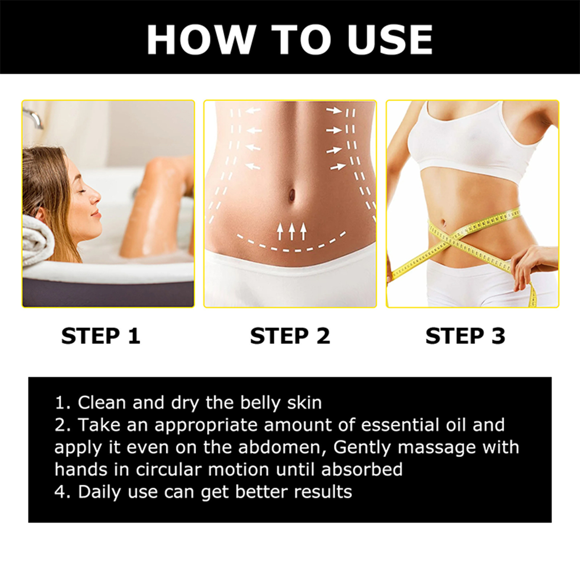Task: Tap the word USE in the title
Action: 390,40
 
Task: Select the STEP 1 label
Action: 101,336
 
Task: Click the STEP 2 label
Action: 290,336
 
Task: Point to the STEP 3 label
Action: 465,336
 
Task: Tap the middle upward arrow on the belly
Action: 291,231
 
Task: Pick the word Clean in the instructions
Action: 102,403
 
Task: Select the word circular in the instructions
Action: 168,470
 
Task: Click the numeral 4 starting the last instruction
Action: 60,492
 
